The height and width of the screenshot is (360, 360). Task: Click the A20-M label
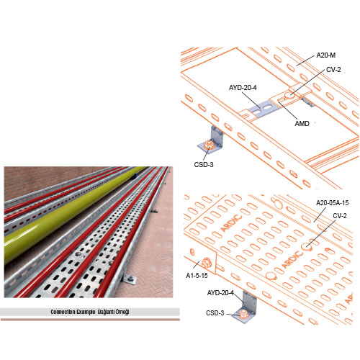pos(325,55)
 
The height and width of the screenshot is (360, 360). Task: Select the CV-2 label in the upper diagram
pos(333,70)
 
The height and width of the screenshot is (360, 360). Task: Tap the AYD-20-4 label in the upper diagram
pos(243,88)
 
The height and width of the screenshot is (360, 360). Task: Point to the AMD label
pos(302,124)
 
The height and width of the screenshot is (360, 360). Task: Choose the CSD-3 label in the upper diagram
pos(204,165)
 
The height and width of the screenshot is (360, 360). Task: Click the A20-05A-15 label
pos(332,203)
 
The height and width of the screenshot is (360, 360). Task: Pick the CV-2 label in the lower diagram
pos(340,216)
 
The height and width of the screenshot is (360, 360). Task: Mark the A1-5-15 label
pos(197,276)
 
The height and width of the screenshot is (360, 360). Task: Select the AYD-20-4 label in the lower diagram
pos(220,293)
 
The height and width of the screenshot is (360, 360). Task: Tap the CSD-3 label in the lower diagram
pos(215,313)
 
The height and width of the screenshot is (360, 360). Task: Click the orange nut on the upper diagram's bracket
pos(208,145)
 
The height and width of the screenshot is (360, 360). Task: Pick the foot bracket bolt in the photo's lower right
pos(130,279)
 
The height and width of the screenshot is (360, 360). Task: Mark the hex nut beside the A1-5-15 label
pos(206,263)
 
